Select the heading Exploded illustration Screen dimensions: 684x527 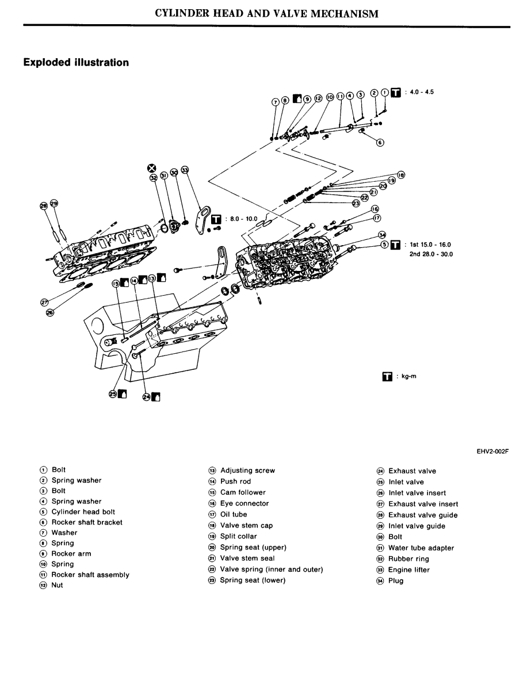(x=76, y=62)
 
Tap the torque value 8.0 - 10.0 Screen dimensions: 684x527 (x=240, y=219)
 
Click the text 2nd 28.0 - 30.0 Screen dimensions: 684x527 (x=430, y=254)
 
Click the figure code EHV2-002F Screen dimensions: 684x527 (x=493, y=452)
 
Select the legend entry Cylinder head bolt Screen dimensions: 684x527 (x=83, y=512)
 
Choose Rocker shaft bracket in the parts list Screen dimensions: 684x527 (x=87, y=522)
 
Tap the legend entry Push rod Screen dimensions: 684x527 (x=235, y=482)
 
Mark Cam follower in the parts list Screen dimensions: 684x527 (x=243, y=492)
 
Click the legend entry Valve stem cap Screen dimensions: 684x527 (x=246, y=525)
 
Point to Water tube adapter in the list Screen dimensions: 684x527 (x=413, y=548)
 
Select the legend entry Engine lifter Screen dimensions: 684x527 (x=408, y=570)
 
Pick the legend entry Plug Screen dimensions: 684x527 (x=396, y=580)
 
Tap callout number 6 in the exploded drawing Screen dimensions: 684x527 (x=380, y=142)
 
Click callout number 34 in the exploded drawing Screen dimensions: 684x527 (x=382, y=234)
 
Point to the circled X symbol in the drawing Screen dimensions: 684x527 (x=151, y=168)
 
